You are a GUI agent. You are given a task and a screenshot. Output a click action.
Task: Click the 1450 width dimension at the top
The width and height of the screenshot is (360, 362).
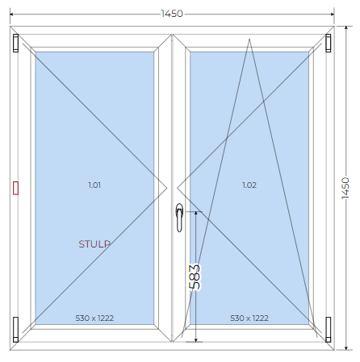(172, 14)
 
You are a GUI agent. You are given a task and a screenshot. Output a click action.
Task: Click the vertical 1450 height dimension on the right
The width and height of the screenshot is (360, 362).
(345, 188)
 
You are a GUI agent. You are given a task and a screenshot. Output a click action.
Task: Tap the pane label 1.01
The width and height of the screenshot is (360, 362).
(94, 185)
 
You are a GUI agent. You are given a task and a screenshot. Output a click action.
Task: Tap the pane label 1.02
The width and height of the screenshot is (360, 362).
(249, 185)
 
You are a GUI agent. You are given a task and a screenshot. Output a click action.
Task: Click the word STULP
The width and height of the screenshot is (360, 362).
(94, 244)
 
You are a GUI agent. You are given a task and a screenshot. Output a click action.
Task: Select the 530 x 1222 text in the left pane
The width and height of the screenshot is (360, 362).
(94, 318)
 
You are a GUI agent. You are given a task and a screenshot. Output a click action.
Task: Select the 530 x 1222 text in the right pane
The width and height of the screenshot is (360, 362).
(249, 318)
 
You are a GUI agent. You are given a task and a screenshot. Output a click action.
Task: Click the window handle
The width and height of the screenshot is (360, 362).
(179, 218)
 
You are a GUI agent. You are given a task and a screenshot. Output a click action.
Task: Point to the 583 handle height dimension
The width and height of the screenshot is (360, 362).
(195, 277)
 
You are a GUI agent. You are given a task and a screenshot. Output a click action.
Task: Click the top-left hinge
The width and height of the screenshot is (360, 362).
(16, 43)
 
